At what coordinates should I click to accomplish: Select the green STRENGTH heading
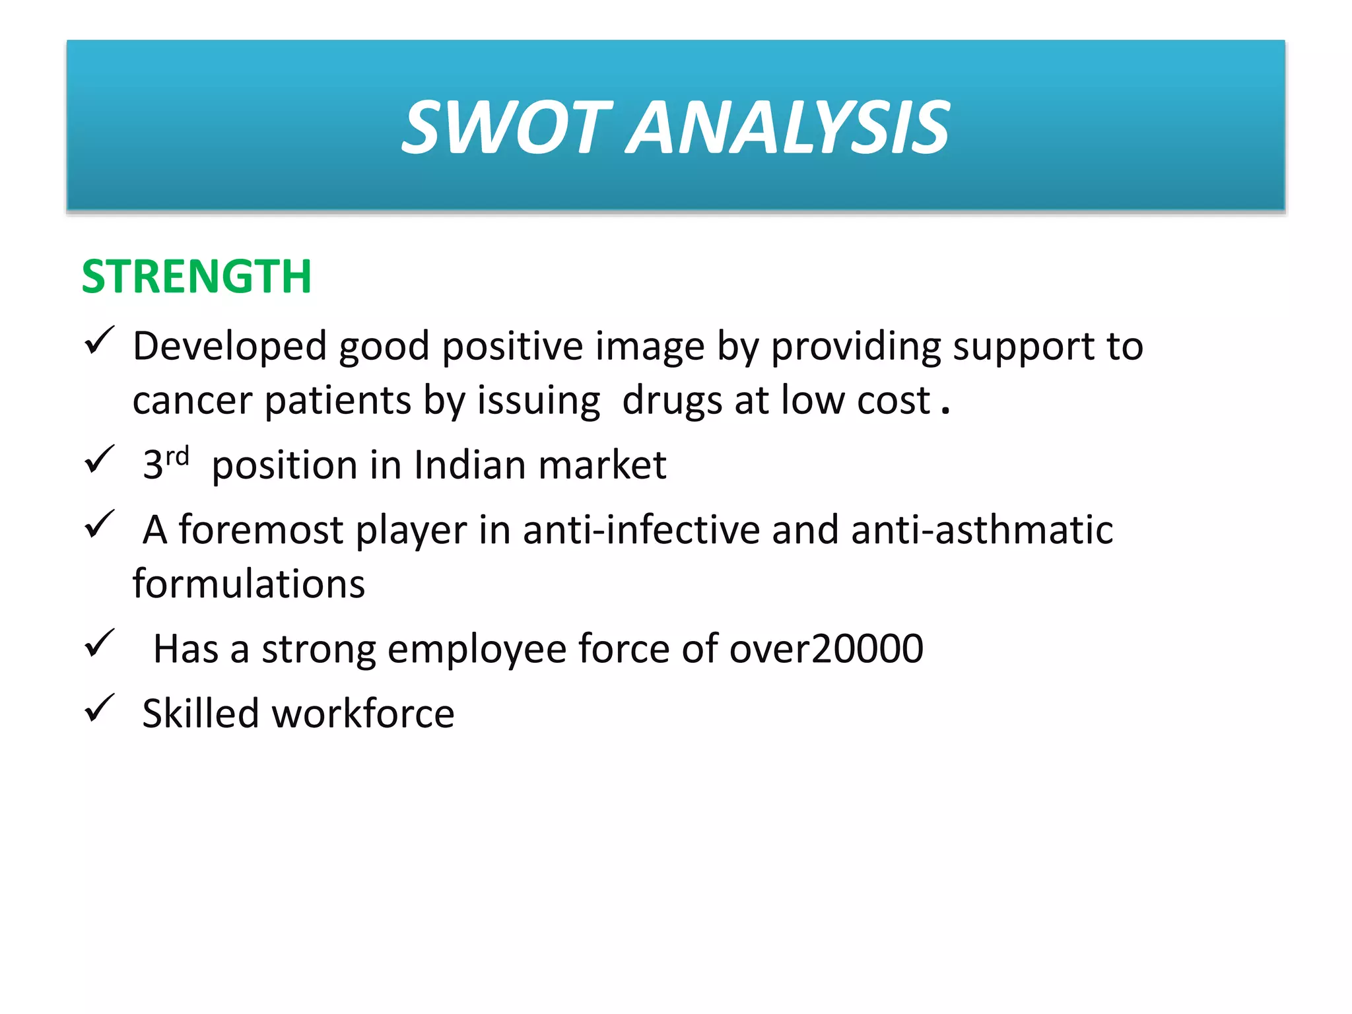[196, 277]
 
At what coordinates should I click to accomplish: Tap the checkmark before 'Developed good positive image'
[100, 341]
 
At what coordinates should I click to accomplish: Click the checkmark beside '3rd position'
[100, 460]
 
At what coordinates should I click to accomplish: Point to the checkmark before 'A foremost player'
[100, 525]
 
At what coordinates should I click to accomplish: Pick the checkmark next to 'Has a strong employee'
[100, 644]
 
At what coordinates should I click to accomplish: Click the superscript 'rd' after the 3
[177, 456]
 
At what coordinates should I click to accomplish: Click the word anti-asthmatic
[982, 530]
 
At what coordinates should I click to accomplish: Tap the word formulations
[248, 584]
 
